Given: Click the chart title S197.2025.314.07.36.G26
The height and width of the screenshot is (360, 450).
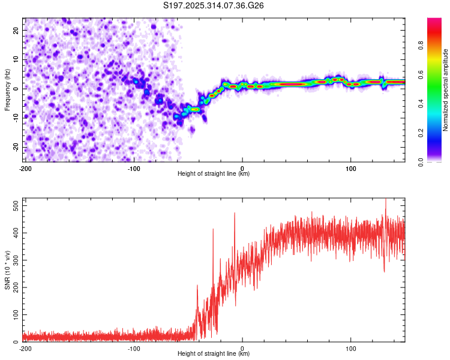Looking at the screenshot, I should pyautogui.click(x=214, y=6).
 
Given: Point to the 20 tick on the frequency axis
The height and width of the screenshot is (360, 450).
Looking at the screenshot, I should pyautogui.click(x=17, y=30).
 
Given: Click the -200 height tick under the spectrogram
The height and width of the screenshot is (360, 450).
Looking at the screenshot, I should pyautogui.click(x=25, y=169).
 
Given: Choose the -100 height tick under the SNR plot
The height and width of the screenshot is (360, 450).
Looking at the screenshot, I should pyautogui.click(x=134, y=349).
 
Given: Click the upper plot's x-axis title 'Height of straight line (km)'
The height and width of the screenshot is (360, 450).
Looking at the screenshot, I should pyautogui.click(x=214, y=174).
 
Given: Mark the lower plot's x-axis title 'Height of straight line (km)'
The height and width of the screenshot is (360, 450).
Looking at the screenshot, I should pyautogui.click(x=214, y=354).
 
